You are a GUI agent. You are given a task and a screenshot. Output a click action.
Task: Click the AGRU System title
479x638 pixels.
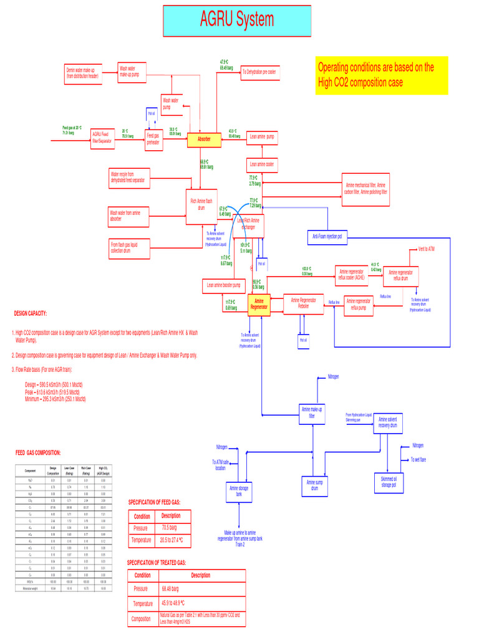tap(237, 21)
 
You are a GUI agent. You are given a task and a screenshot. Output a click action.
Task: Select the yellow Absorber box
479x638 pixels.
tap(204, 139)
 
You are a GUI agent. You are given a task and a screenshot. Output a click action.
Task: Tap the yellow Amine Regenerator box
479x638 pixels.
tap(259, 304)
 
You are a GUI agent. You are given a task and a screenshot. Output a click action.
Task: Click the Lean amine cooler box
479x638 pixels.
tap(262, 164)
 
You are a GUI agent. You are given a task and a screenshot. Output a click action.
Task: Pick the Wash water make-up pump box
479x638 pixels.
tap(132, 72)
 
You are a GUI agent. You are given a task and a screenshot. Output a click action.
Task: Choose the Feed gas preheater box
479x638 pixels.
tap(153, 139)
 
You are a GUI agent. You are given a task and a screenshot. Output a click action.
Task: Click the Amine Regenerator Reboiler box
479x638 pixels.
tap(304, 303)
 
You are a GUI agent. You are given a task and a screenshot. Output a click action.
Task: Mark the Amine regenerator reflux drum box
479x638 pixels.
tap(400, 275)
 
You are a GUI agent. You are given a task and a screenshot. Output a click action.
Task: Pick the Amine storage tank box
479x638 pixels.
tap(239, 491)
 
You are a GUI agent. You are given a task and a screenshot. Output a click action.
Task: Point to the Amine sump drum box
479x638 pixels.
tap(315, 485)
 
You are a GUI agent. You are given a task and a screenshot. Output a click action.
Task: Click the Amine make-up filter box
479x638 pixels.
tap(312, 413)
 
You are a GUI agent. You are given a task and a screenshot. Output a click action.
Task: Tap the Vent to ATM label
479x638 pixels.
tap(427, 249)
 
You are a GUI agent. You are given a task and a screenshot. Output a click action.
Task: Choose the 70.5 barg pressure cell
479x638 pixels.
tap(169, 528)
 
